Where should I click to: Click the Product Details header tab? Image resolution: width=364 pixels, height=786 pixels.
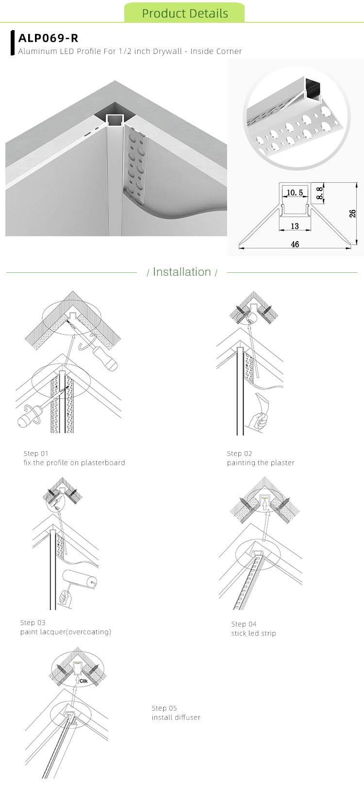tap(184, 13)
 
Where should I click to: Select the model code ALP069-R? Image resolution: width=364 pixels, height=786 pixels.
tap(48, 38)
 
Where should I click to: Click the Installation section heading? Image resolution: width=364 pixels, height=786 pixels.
tap(182, 272)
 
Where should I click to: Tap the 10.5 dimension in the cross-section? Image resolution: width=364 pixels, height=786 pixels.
tap(295, 192)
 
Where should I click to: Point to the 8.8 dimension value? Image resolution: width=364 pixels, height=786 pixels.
tap(319, 193)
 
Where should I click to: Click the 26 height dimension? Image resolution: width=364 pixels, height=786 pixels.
tap(353, 213)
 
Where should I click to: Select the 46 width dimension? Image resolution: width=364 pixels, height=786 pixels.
tap(295, 244)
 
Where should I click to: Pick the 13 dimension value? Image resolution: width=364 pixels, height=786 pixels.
tap(295, 226)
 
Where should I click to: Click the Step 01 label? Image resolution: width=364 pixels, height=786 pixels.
tap(36, 454)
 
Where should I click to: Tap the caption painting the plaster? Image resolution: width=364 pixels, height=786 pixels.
tap(261, 463)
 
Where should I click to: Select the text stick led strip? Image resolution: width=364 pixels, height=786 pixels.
tap(253, 633)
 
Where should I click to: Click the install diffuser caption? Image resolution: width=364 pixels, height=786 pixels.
tap(176, 717)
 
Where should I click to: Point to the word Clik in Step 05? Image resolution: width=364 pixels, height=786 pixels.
tap(83, 681)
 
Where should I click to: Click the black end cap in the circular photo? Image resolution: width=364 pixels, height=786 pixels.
tap(311, 91)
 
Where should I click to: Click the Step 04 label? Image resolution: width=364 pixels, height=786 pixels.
tap(244, 624)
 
